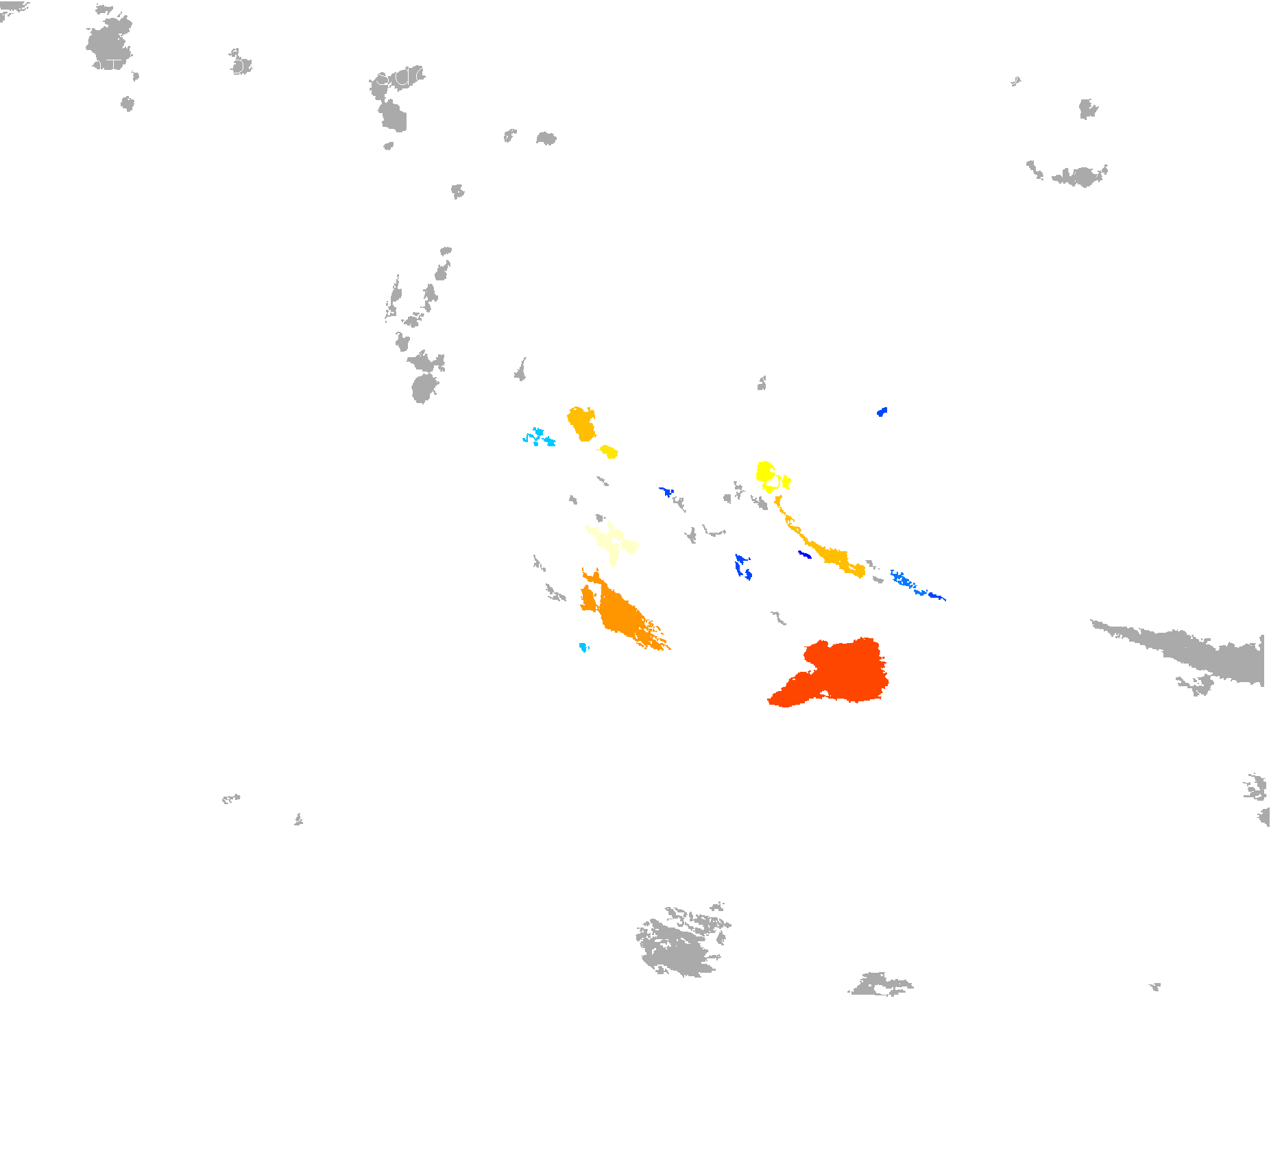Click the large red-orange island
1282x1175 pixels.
843,672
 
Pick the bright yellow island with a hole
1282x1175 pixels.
764,472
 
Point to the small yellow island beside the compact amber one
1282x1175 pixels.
608,452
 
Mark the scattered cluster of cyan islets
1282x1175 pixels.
539,437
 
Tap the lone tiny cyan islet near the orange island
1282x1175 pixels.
583,647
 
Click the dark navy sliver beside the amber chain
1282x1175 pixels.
804,554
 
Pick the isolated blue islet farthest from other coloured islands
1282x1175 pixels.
882,412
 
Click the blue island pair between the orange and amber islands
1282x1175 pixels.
741,566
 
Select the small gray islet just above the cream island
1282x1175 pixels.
600,518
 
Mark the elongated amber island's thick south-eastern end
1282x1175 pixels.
854,568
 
